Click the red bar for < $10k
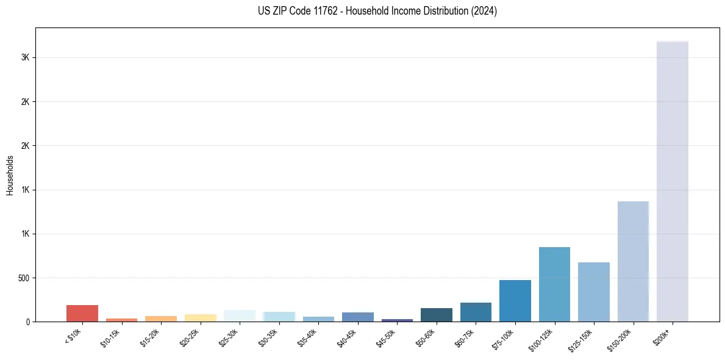[x=82, y=313]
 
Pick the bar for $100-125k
[x=554, y=284]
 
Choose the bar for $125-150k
[x=594, y=292]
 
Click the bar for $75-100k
[x=515, y=301]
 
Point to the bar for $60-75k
[x=476, y=312]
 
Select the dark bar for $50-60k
[x=437, y=315]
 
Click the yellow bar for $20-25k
[x=201, y=318]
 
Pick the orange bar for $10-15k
[x=122, y=320]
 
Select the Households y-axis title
[x=10, y=175]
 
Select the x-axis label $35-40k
[x=309, y=337]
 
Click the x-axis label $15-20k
[x=151, y=337]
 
